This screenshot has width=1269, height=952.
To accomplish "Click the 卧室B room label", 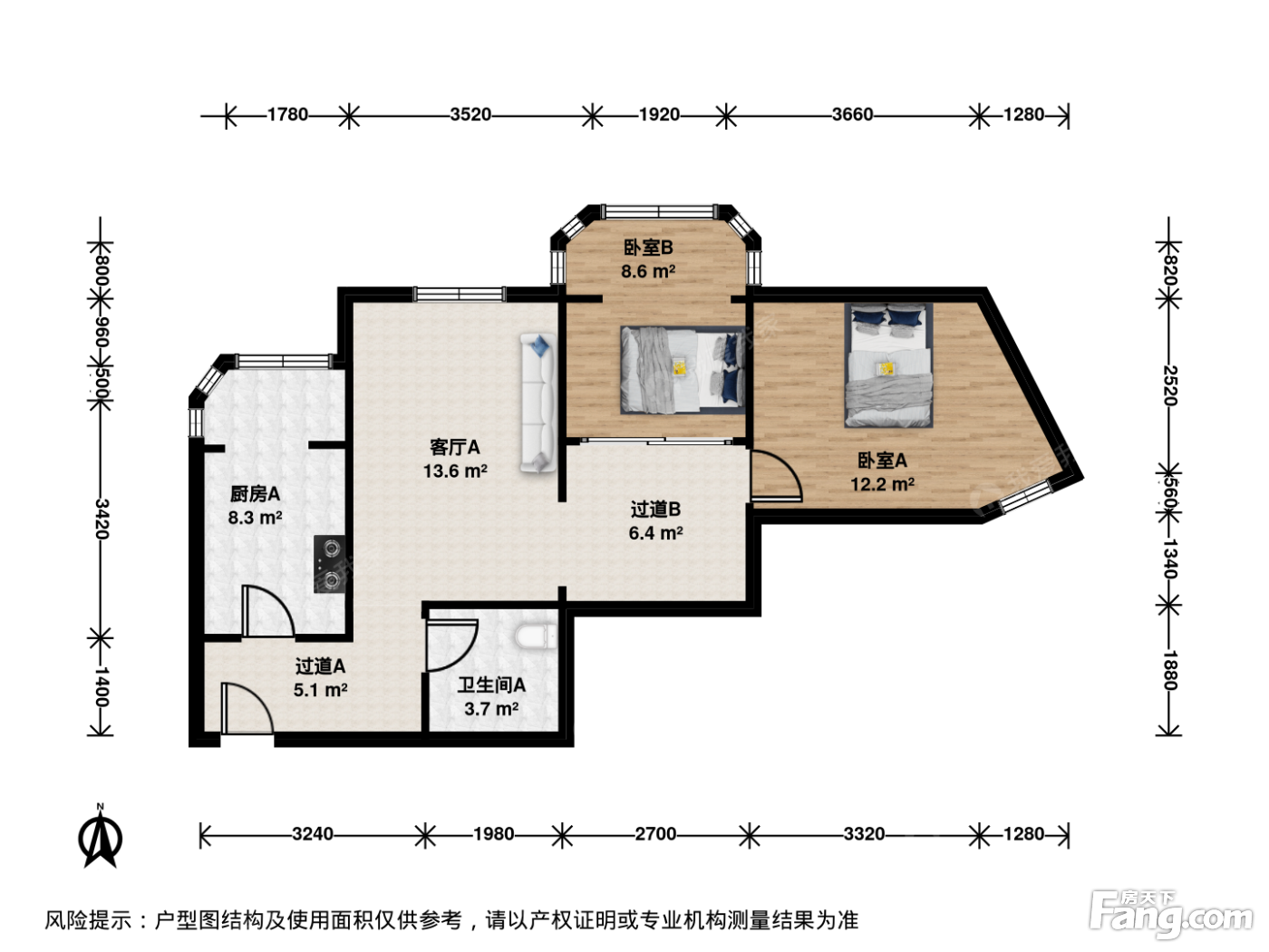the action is (x=647, y=248).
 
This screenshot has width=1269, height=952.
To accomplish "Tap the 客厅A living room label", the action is (x=454, y=447).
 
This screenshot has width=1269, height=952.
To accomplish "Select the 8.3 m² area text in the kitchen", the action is (x=255, y=518).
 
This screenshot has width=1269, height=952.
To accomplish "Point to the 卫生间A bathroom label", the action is (x=491, y=685).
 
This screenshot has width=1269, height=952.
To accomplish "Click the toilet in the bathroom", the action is (x=536, y=636).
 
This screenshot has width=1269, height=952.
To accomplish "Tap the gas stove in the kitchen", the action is (x=330, y=564).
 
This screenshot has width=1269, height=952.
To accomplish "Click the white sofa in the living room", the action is (x=538, y=403).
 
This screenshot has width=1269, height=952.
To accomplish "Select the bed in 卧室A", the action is (x=888, y=365).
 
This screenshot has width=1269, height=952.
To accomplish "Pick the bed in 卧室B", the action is (x=683, y=370).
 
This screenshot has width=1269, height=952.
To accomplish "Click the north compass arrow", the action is (x=100, y=838).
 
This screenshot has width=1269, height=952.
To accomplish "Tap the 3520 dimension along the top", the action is (x=470, y=114).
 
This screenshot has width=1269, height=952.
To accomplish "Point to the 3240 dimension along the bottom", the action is (x=312, y=834).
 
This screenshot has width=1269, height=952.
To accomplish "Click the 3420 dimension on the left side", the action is (x=102, y=519).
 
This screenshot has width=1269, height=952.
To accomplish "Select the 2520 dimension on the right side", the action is (x=1168, y=385).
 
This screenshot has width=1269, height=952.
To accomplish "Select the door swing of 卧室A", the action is (x=777, y=475).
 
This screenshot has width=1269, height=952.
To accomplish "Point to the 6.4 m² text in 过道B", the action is (x=655, y=533).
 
